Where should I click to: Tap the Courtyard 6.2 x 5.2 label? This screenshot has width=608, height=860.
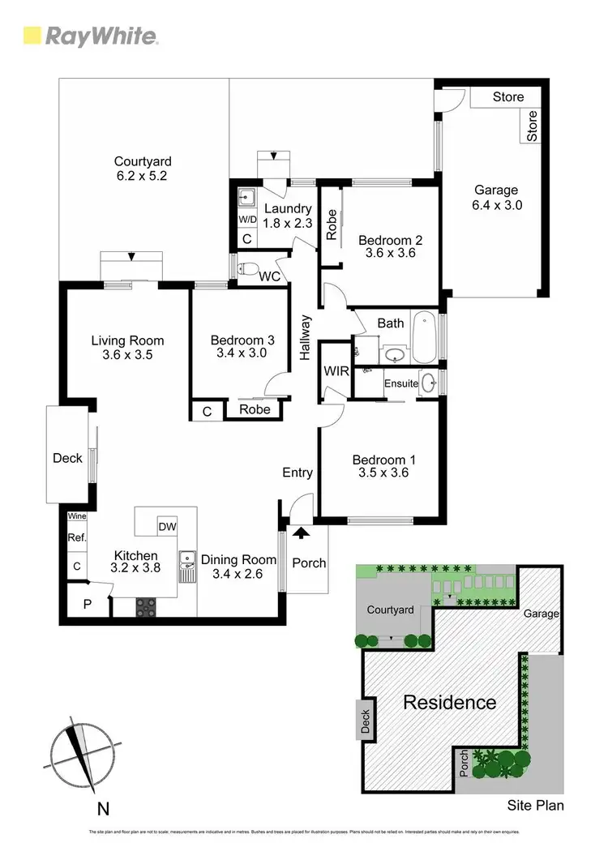tap(142, 169)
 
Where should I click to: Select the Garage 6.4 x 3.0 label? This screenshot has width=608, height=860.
tap(495, 198)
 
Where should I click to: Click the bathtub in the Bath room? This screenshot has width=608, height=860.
tap(424, 337)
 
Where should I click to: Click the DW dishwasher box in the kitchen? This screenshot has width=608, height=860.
tap(168, 526)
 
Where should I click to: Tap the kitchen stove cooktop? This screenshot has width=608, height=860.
tap(149, 605)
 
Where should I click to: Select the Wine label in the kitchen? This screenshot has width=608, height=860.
tap(77, 516)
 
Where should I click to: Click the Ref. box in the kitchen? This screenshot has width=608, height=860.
tap(77, 537)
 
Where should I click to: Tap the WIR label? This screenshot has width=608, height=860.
tap(335, 371)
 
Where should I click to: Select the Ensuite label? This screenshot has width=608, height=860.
tap(401, 383)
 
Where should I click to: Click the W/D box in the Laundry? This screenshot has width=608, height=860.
tap(247, 220)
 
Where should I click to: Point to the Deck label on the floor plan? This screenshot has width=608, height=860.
tap(67, 458)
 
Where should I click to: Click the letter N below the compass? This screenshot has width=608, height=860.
tap(103, 807)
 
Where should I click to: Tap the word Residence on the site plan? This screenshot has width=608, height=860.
tap(450, 702)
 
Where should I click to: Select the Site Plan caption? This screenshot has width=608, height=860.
tap(535, 806)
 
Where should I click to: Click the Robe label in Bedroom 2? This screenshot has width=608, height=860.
tap(331, 225)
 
